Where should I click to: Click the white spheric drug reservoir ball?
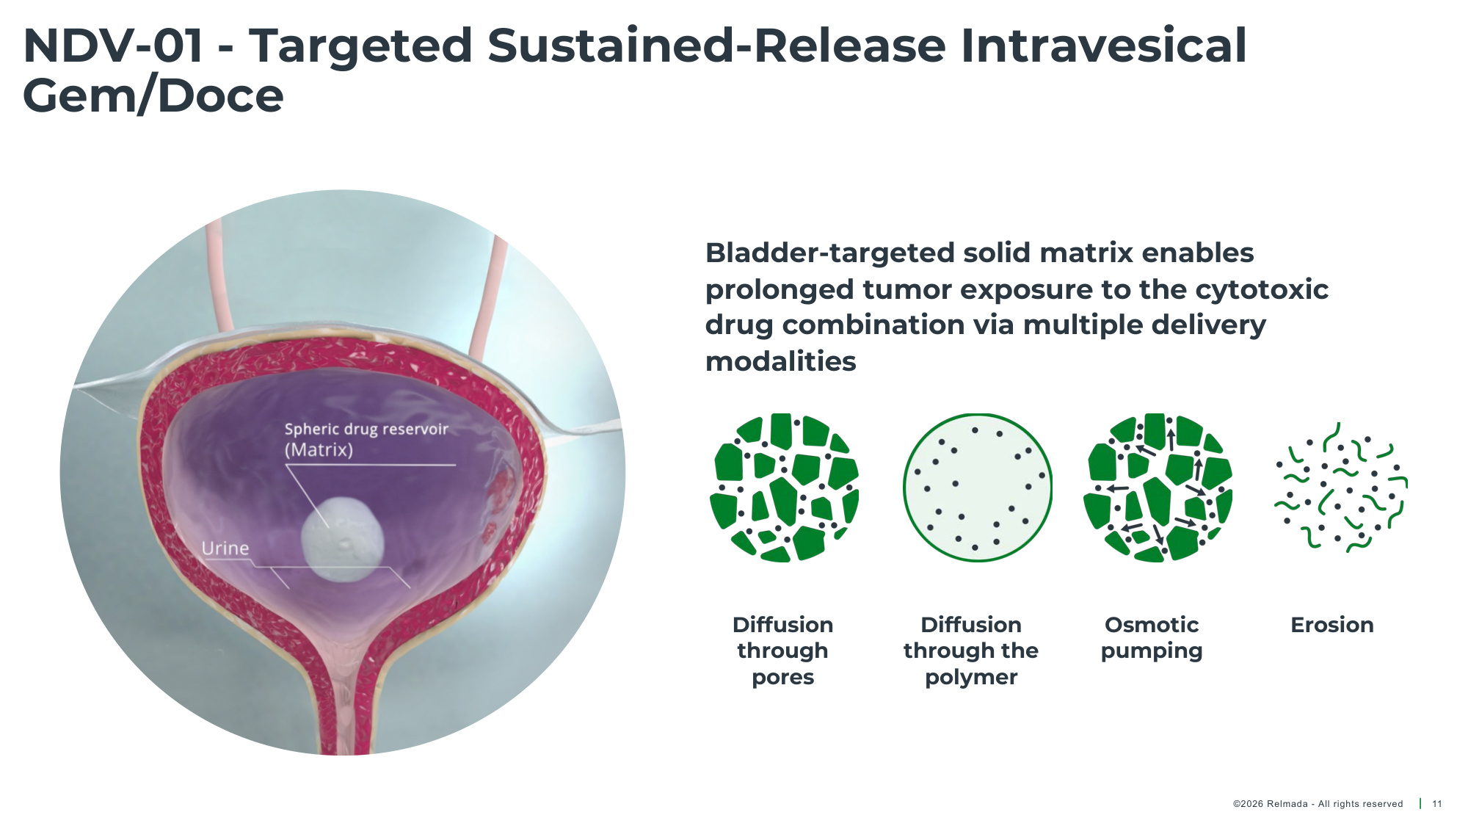point(343,540)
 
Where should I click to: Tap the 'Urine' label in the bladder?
point(225,548)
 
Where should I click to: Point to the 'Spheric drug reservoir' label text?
point(366,430)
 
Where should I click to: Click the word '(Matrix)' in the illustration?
point(319,450)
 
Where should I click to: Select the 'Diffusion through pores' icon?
point(784,488)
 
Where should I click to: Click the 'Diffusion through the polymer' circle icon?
point(978,488)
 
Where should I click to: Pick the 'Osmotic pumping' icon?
point(1158,488)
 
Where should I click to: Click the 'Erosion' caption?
point(1332,625)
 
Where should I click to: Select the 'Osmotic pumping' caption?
point(1152,638)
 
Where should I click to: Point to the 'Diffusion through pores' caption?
point(783,651)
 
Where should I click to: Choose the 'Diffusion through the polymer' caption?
point(971,651)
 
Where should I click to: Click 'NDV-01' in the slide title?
point(113,46)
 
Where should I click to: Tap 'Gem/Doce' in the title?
point(153,96)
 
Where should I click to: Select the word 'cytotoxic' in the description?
point(1262,289)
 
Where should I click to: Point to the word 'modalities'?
point(781,361)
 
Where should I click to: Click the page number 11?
point(1437,804)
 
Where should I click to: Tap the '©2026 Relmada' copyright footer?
point(1318,804)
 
